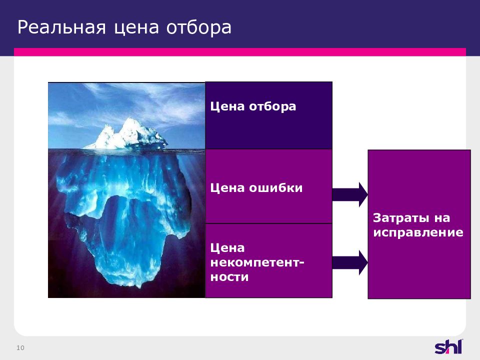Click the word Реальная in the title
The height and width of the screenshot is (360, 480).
pos(61,27)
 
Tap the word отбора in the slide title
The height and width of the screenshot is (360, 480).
pos(198,27)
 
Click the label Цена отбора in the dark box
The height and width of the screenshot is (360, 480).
pos(253,106)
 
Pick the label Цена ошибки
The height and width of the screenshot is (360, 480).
pos(256,187)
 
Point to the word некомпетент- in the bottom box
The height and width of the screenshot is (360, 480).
pos(257,262)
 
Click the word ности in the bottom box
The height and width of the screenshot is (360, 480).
pos(229,277)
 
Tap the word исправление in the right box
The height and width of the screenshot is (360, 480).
pos(418,232)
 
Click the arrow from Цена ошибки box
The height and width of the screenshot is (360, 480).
pos(350,194)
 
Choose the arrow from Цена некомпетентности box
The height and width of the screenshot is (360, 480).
pos(350,262)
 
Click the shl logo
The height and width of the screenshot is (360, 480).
pos(449,347)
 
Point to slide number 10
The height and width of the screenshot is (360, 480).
pos(20,348)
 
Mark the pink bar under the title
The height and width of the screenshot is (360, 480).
pos(240,51)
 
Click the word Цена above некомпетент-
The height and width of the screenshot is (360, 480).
pos(227,248)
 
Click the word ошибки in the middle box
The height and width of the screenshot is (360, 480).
pos(275,187)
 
